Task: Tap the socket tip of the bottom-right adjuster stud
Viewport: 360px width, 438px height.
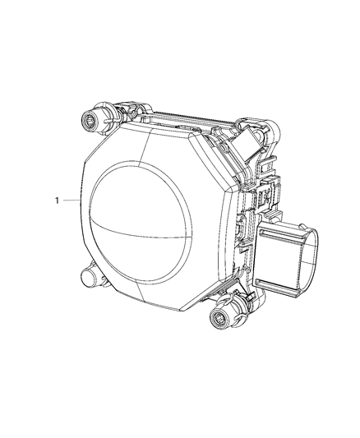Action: tap(221, 322)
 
